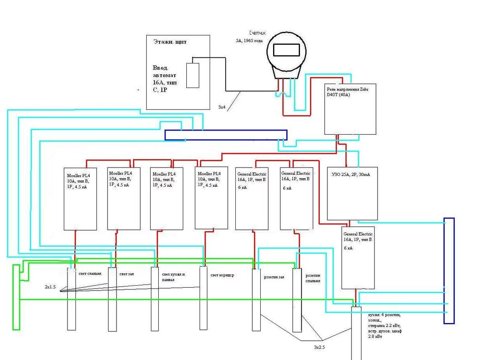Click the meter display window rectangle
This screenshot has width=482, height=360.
point(286,50)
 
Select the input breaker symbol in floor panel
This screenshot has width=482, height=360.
point(193,75)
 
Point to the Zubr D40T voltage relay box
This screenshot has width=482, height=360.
point(350,109)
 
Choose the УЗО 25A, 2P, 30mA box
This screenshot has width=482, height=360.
point(353,193)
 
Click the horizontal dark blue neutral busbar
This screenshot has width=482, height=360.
point(226,135)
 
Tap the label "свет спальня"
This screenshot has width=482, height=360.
point(90,274)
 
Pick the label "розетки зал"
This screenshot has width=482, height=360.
point(274,277)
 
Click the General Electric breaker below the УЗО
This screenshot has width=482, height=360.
point(358,258)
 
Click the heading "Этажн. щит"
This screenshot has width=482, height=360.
point(170,42)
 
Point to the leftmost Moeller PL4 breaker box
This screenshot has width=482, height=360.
point(80,198)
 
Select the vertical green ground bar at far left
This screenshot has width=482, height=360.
point(16,297)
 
